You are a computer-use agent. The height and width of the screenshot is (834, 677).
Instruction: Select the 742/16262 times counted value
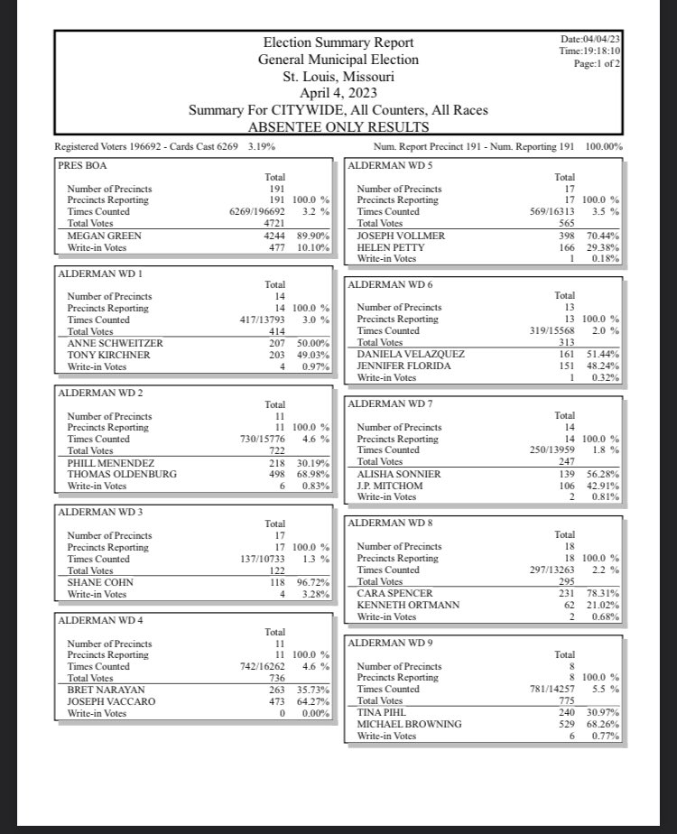(259, 667)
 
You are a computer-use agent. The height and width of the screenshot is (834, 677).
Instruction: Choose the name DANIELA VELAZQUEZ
(411, 354)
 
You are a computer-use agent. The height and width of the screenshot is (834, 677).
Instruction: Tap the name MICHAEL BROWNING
(409, 724)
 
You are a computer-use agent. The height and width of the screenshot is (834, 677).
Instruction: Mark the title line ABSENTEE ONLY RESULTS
(338, 126)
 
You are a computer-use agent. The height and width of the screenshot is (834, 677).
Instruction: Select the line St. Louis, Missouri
(338, 76)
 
